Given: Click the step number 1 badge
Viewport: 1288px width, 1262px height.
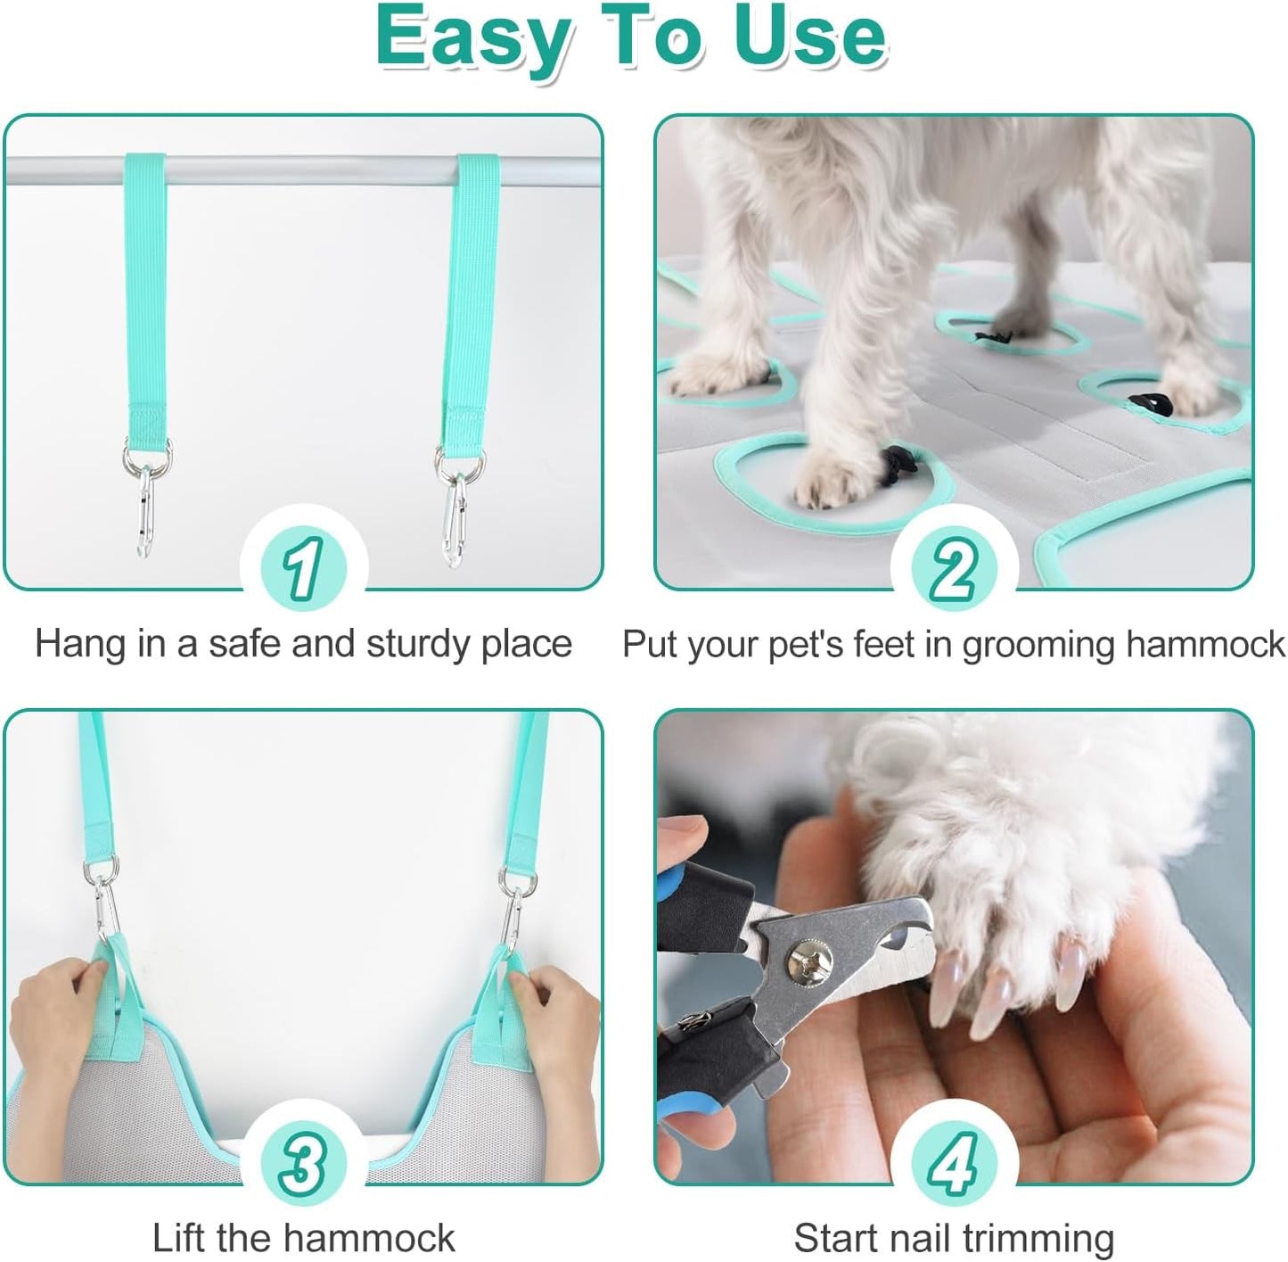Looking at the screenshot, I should (x=303, y=567).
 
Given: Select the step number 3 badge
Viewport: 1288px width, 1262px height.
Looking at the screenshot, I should (x=303, y=1162).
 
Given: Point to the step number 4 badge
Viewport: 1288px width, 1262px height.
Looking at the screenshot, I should (x=954, y=1162).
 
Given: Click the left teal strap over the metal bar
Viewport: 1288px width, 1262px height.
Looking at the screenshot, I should (x=144, y=294).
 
